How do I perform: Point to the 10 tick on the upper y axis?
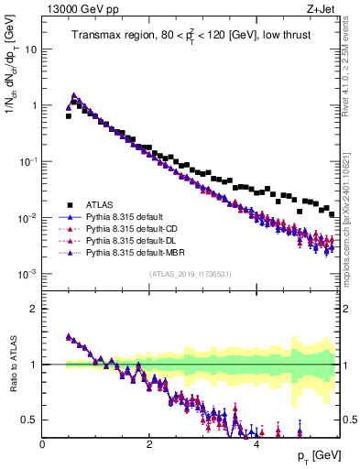coord(30,49)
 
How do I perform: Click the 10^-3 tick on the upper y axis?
coord(27,275)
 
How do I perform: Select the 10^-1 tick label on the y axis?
coord(27,162)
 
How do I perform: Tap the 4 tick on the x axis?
coord(256,444)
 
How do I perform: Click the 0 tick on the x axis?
coord(43,444)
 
